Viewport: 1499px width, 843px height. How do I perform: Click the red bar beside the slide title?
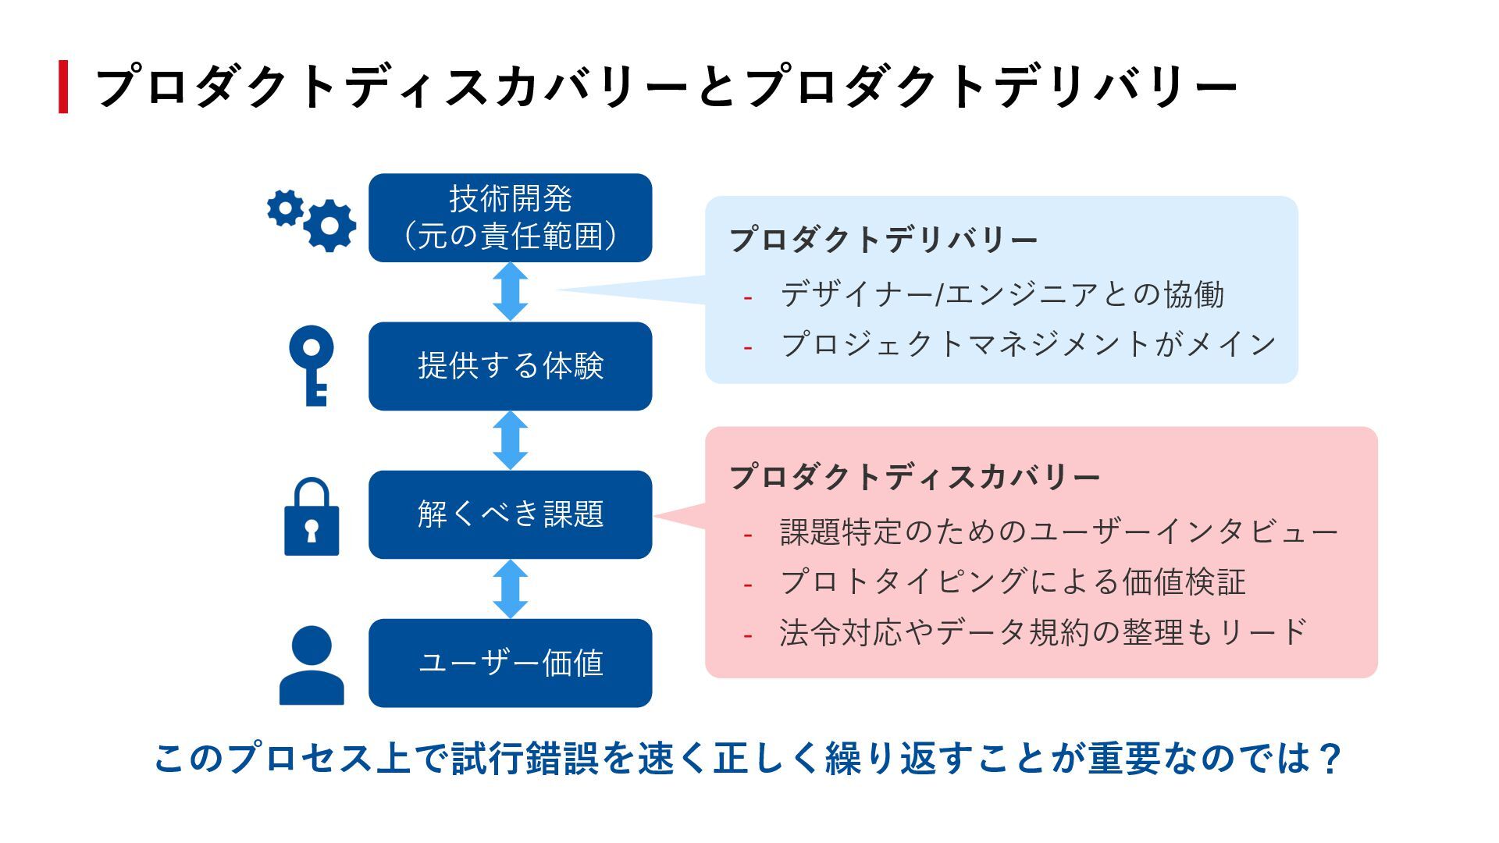click(x=63, y=87)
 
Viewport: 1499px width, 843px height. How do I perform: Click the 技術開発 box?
click(x=510, y=218)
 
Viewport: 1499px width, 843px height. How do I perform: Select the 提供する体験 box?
click(x=510, y=366)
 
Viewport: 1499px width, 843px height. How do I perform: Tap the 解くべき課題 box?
click(x=510, y=514)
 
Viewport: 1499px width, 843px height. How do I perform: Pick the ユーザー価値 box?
click(x=510, y=663)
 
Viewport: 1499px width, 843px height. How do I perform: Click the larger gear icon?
click(x=329, y=226)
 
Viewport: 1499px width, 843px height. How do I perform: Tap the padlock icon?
click(x=312, y=518)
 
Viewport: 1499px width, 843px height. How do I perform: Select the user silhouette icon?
click(x=312, y=666)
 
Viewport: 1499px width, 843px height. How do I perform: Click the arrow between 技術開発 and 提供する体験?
click(x=511, y=291)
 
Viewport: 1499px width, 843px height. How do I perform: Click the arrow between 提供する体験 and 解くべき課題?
click(x=511, y=440)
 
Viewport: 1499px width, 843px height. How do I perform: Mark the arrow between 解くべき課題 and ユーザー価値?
click(x=511, y=589)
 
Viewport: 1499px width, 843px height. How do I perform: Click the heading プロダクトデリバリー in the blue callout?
click(x=883, y=240)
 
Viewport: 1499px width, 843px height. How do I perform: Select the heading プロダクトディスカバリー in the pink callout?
click(x=914, y=477)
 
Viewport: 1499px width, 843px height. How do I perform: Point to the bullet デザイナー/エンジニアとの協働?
click(x=1002, y=294)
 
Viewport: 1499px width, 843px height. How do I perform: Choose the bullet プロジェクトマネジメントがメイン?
click(x=1028, y=344)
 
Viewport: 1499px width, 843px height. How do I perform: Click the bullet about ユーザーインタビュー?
click(x=1059, y=532)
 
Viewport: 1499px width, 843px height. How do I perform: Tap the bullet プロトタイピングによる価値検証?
click(x=1013, y=582)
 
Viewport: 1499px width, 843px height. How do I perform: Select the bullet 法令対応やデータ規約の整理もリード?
click(x=1043, y=632)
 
